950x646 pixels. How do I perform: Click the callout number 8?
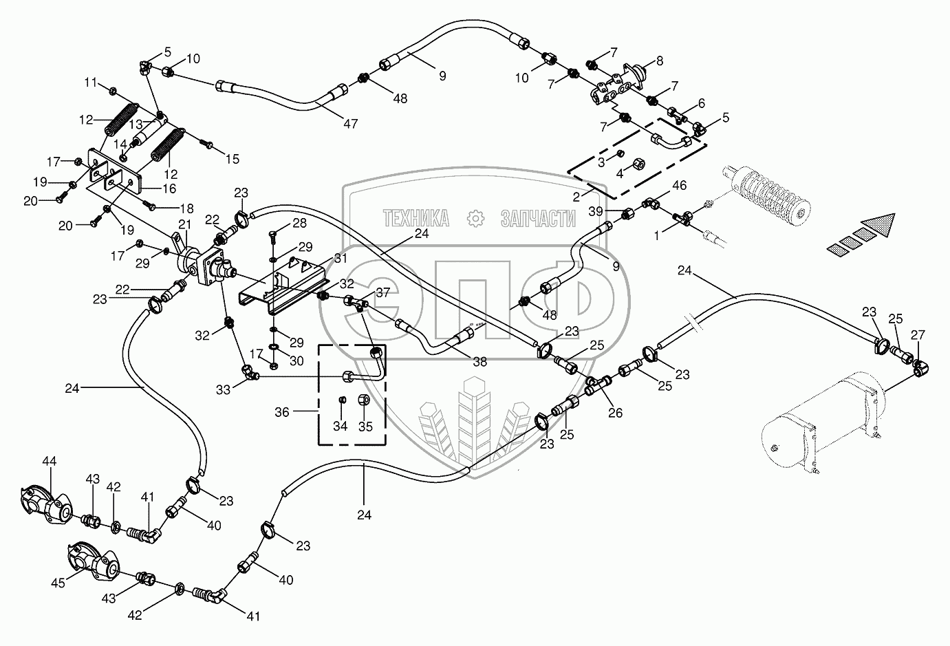pyautogui.click(x=660, y=61)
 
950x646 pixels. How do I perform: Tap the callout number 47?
pyautogui.click(x=351, y=124)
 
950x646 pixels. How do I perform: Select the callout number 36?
pyautogui.click(x=282, y=412)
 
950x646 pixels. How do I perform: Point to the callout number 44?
pyautogui.click(x=50, y=461)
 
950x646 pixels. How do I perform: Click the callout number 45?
pyautogui.click(x=58, y=583)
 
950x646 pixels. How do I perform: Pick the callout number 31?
pyautogui.click(x=341, y=258)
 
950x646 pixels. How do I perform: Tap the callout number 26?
pyautogui.click(x=616, y=413)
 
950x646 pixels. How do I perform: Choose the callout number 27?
pyautogui.click(x=918, y=335)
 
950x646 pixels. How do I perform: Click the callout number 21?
pyautogui.click(x=184, y=225)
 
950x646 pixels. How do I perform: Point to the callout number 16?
pyautogui.click(x=169, y=189)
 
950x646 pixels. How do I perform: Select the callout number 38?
pyautogui.click(x=480, y=362)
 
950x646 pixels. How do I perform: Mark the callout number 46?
pyautogui.click(x=680, y=185)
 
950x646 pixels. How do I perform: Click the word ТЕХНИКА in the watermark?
pyautogui.click(x=416, y=219)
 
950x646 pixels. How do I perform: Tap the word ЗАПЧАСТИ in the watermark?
pyautogui.click(x=538, y=219)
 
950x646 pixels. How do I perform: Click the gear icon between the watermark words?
pyautogui.click(x=475, y=219)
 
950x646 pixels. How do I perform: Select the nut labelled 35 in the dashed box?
pyautogui.click(x=364, y=400)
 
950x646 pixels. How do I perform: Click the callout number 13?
pyautogui.click(x=136, y=125)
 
